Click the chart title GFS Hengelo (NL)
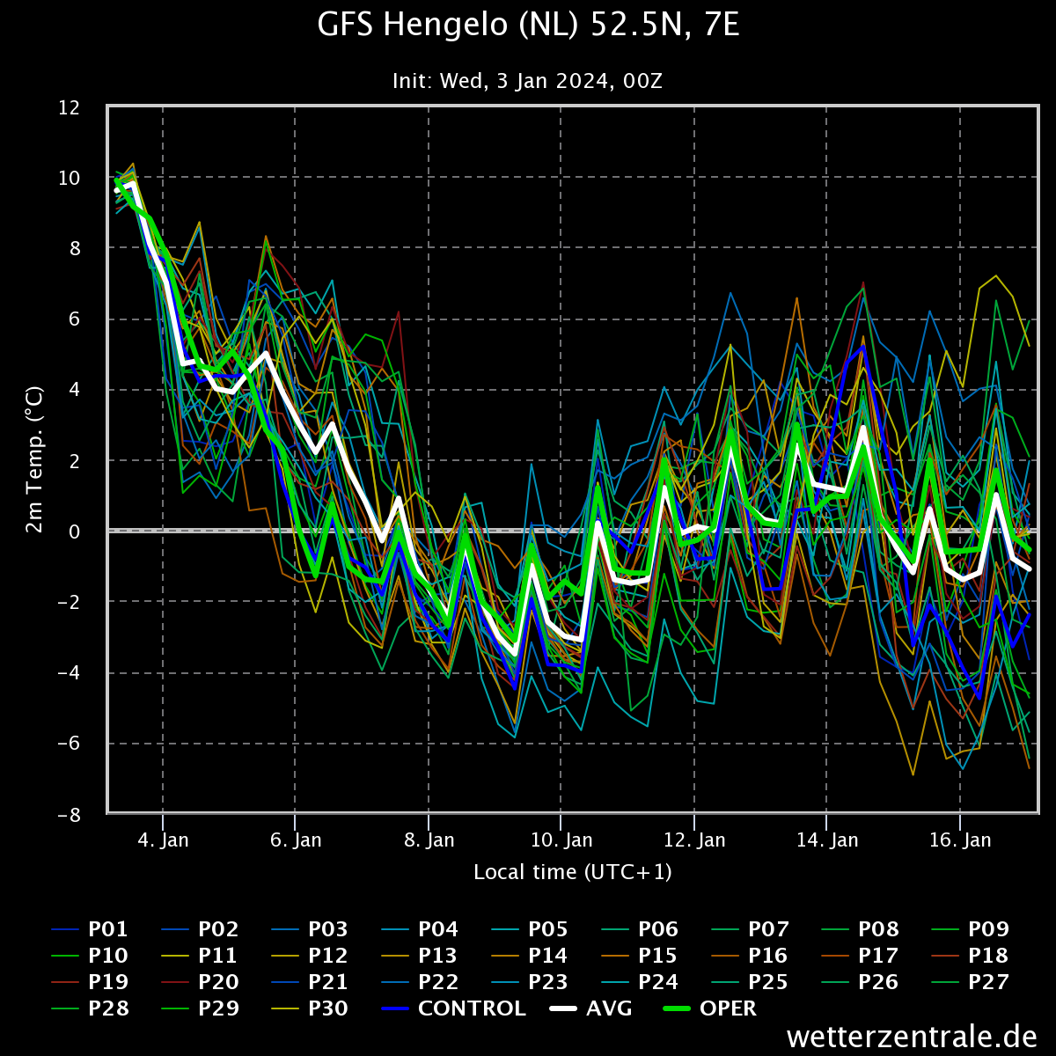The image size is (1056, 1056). coord(448,26)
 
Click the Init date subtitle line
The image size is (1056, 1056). coord(527,81)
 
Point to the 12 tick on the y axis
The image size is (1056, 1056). coord(69,107)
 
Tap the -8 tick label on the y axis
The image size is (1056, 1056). coord(69,815)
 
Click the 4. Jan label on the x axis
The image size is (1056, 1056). coord(163,840)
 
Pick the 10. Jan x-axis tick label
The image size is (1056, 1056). coord(561,840)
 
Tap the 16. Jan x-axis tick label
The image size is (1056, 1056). coord(960,840)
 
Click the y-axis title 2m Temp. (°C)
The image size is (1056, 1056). coord(34,459)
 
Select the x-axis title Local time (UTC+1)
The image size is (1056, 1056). coord(573,872)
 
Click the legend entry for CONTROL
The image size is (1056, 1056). coord(454,1008)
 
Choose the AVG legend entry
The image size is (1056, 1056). coord(590,1008)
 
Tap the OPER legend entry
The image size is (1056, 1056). coord(709,1008)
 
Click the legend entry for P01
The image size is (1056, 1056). coord(90,929)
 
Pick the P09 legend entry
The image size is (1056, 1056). coord(971,929)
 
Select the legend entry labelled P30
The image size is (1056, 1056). coord(310,1008)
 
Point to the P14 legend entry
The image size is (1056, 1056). coord(530,956)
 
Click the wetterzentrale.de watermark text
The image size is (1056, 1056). coord(912,1037)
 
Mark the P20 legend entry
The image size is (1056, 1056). coord(200,982)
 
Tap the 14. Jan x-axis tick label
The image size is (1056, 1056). coord(827,840)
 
